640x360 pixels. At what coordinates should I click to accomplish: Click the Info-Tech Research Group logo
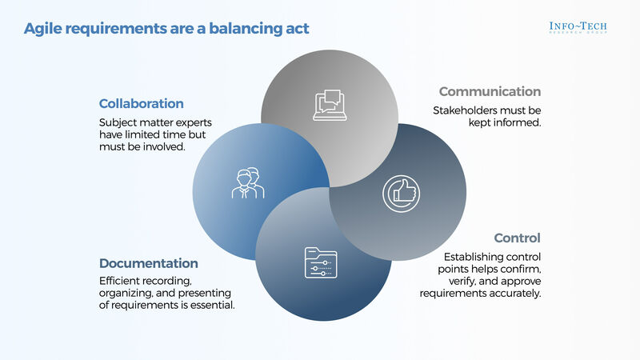578,26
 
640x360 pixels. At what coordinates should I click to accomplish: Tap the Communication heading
490,92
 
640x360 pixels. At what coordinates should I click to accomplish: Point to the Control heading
518,238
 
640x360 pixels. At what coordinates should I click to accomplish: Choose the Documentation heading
149,263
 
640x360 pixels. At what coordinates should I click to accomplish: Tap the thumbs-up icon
398,193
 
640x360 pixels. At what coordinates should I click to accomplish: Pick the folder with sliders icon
320,262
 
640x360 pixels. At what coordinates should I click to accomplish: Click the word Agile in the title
42,30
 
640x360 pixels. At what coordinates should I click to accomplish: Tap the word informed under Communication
521,124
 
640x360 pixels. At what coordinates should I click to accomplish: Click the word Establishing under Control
475,256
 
